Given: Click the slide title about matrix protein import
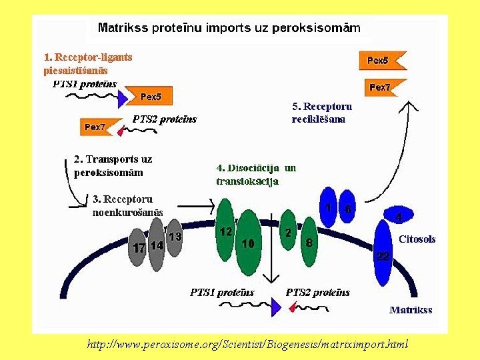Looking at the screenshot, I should pos(229,28).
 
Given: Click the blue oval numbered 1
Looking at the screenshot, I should pos(329,209).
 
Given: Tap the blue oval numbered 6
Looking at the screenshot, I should pos(347,209).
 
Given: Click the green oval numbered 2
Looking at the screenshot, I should pos(288,233).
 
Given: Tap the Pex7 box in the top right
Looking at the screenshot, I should pos(379,87).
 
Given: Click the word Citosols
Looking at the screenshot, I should pos(417,239).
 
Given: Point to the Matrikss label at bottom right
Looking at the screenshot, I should pos(411,309).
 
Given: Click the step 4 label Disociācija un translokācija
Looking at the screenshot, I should pos(256,174).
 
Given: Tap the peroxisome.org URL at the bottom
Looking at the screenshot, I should pos(247,344).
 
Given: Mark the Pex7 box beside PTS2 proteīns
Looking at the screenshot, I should pos(95,127).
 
